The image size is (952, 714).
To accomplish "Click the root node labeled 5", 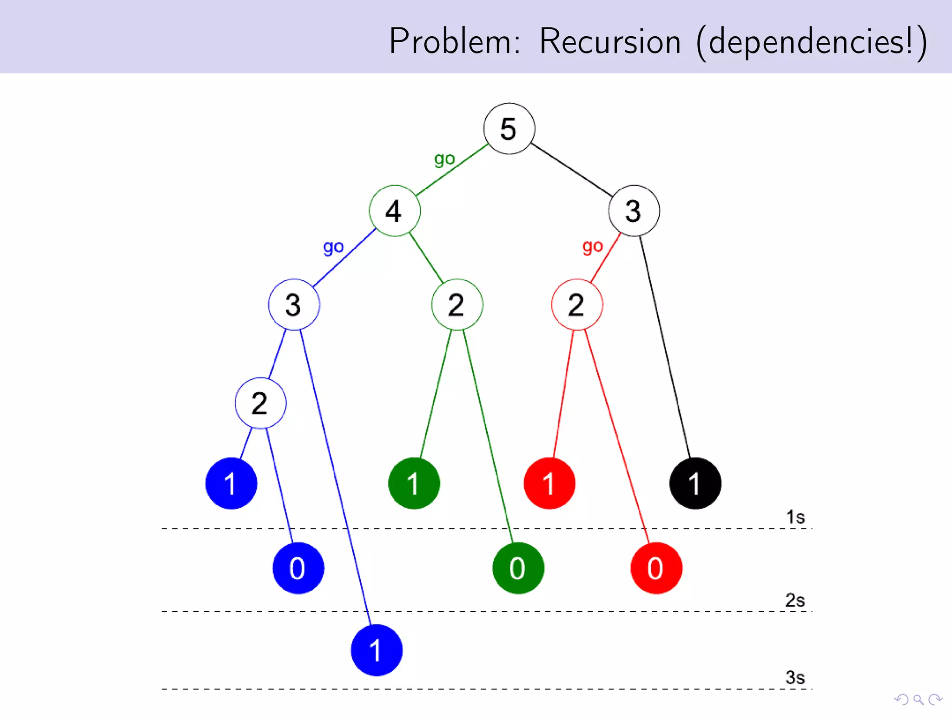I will pos(509,129).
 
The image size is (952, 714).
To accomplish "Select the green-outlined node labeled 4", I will pos(395,211).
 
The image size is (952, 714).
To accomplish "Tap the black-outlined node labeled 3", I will pos(634,211).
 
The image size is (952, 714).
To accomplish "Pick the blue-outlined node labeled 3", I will pos(294,305).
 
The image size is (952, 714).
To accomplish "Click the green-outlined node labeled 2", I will pos(457,305).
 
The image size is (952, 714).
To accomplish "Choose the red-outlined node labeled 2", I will pos(577,305).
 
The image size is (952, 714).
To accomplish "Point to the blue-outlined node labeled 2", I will pos(260,403).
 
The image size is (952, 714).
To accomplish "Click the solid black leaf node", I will pos(695,483).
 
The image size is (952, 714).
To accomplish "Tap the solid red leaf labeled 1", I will pos(549,483).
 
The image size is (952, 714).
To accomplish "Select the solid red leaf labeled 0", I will pos(656,568).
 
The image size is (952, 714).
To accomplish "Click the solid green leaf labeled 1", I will pos(414,483).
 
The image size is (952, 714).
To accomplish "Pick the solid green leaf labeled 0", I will pos(518,568).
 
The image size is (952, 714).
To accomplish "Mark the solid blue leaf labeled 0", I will pos(298,568).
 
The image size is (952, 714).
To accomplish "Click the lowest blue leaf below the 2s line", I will pos(377,650).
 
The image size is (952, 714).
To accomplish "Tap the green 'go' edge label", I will pos(444,159).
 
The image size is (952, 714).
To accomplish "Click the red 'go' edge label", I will pos(593,246).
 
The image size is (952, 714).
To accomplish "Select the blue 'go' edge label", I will pos(333,247).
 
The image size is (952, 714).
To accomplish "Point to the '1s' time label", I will pos(795,517).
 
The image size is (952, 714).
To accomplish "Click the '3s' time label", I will pos(795,678).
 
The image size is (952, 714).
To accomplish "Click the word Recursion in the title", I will pos(609,42).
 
